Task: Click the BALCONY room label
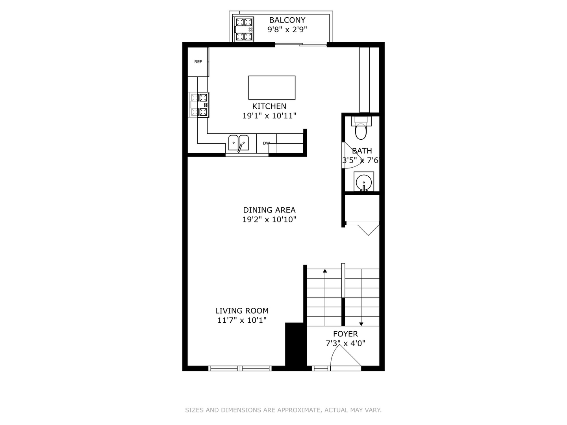(287, 20)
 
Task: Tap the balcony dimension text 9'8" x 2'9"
(287, 30)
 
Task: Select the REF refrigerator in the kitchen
(198, 62)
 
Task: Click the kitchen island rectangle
(272, 87)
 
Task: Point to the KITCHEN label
(269, 106)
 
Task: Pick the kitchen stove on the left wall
(199, 105)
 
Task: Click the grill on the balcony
(244, 29)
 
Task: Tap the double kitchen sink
(239, 143)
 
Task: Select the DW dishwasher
(266, 144)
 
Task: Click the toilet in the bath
(361, 128)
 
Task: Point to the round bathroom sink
(364, 182)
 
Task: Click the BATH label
(362, 151)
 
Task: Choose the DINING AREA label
(269, 210)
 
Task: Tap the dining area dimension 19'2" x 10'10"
(269, 220)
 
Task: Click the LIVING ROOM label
(242, 311)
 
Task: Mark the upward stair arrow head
(325, 271)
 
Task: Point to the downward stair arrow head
(361, 324)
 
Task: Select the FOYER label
(345, 334)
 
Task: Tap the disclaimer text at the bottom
(283, 410)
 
